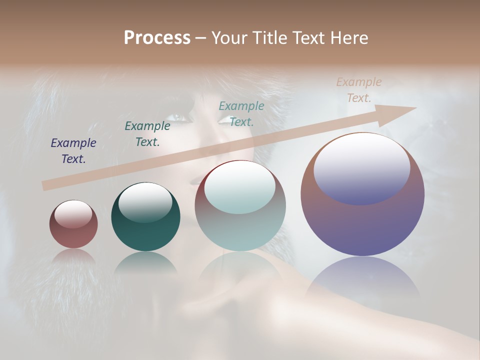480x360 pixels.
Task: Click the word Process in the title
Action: tap(157, 38)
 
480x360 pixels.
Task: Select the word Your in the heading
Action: tap(229, 38)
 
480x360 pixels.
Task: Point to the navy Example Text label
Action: tap(73, 151)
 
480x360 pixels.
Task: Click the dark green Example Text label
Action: tap(147, 134)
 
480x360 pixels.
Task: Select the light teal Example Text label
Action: tap(241, 113)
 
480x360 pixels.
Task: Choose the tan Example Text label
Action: tap(359, 90)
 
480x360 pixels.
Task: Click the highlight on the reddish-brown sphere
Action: tap(73, 213)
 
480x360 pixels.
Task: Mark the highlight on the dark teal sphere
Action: tap(145, 201)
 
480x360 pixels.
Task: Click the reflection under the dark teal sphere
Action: tap(145, 262)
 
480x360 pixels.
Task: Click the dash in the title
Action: tap(200, 38)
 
